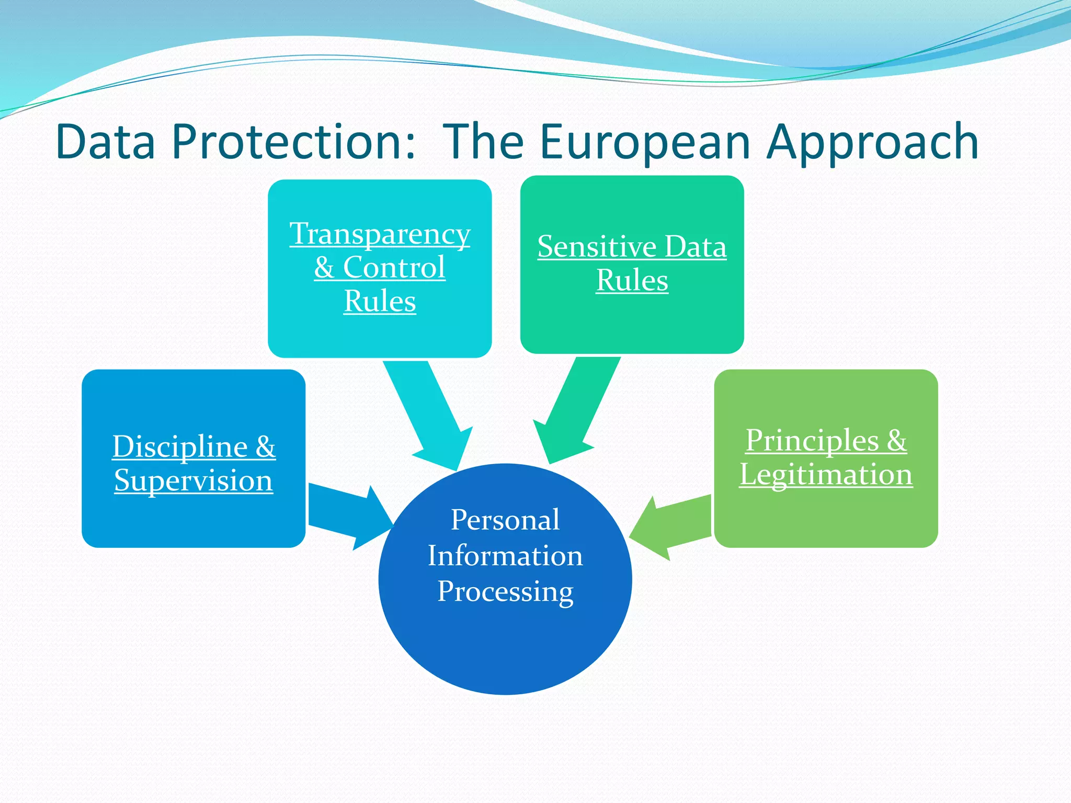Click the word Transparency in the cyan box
pos(380,234)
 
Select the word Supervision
pos(193,480)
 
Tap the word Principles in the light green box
pos(812,440)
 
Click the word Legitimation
pos(826,474)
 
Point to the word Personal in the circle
pos(505,520)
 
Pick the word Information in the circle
pos(505,555)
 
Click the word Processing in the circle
pos(505,591)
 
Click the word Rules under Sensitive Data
pos(632,280)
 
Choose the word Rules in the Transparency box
pos(380,301)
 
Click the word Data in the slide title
pos(106,142)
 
